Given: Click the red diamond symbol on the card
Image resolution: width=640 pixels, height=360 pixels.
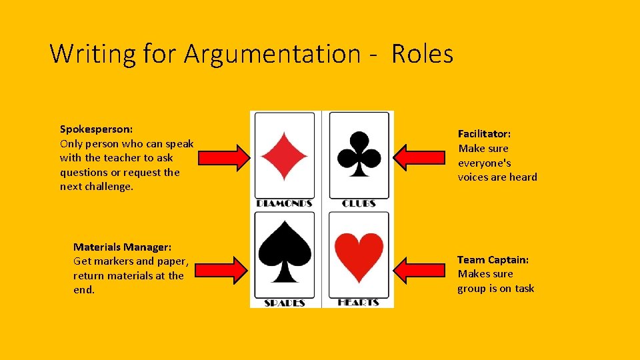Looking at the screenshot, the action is [284, 156].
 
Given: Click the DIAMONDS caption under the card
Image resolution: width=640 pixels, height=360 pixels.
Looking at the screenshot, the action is [285, 203].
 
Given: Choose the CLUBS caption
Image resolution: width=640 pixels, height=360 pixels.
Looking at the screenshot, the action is [359, 203].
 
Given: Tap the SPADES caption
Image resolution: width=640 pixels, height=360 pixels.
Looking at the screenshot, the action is [285, 303].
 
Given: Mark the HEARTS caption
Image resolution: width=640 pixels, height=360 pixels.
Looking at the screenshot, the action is [359, 303].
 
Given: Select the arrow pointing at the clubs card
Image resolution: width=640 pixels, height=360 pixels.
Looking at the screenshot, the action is [420, 155].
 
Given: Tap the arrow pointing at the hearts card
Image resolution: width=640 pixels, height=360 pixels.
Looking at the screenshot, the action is [420, 269].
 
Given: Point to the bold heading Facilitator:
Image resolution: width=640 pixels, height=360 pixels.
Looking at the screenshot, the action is [484, 134].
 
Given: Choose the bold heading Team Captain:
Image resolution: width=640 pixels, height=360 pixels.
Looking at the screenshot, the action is [493, 259].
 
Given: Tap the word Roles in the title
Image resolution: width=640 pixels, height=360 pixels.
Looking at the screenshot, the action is [423, 53].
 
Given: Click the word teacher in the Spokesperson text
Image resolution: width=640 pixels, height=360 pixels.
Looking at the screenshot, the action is [123, 158].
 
